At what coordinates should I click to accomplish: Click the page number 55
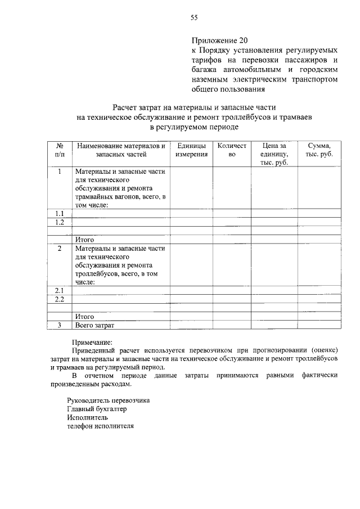coord(193,17)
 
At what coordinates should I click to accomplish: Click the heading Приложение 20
coord(219,40)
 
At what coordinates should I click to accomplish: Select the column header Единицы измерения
coord(191,150)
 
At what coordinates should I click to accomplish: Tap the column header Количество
coord(232,150)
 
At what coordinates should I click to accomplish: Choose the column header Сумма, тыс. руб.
coord(318,150)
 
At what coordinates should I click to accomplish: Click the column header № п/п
coord(60,150)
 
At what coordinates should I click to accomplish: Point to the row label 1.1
coord(60,213)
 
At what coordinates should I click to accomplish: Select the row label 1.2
coord(60,222)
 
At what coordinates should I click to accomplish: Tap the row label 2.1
coord(60,290)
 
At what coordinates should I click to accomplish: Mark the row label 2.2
coord(60,299)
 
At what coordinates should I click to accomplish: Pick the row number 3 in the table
coord(60,325)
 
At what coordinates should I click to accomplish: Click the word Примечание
coord(92,341)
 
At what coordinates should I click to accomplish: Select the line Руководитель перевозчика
coord(108,400)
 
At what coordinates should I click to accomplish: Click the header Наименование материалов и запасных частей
coord(120,150)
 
